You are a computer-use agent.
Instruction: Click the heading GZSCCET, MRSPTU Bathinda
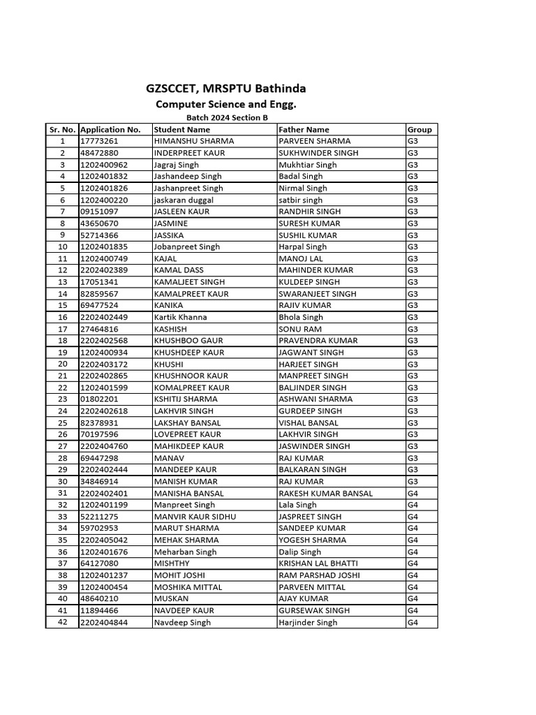point(225,89)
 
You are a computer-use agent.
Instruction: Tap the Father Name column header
point(304,129)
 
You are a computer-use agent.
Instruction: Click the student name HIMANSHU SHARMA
point(194,141)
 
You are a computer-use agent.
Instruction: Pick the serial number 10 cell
point(63,246)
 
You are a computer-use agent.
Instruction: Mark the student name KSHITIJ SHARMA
point(186,399)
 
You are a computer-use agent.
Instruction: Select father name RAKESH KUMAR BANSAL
point(325,493)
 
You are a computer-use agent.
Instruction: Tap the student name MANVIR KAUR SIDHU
point(195,517)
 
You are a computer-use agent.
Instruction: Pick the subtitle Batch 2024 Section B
point(227,118)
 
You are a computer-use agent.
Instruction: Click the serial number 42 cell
point(63,622)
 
